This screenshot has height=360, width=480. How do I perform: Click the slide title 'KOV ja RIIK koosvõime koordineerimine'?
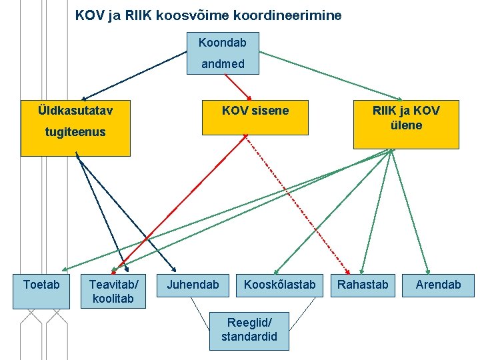point(208,15)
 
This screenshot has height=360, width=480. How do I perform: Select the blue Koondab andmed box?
point(222,53)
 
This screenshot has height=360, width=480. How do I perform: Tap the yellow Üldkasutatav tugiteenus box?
point(75,127)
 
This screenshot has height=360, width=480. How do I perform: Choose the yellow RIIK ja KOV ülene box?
point(406,124)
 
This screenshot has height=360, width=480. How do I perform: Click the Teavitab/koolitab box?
point(111,291)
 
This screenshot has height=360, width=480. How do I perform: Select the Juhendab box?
point(193,285)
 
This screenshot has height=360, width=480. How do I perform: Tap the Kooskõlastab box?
point(279,285)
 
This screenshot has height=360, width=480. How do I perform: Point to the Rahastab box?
point(363,285)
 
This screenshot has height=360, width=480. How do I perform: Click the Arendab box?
point(438,285)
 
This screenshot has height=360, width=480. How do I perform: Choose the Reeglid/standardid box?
point(249,330)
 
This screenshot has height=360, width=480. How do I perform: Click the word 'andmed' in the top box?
point(223,64)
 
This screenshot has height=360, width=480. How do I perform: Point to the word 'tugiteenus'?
point(75,132)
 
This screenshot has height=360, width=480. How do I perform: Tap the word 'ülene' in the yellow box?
point(406,125)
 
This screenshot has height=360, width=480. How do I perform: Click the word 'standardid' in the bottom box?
point(249,337)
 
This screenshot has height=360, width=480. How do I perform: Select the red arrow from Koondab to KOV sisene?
point(237,86)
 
